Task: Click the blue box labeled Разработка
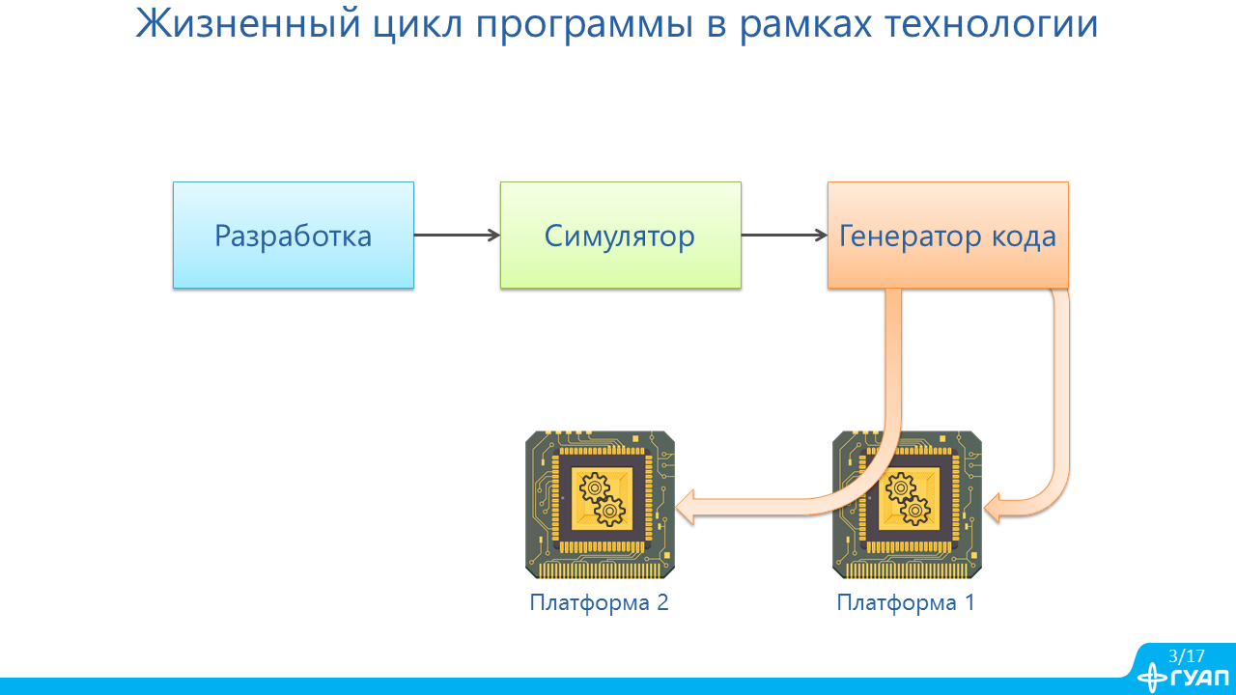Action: coord(293,236)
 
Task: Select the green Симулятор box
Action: coord(620,236)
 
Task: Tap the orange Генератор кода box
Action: coord(947,236)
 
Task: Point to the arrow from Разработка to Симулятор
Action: coord(457,236)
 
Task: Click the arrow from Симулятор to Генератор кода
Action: coord(784,236)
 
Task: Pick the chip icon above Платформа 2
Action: coord(600,505)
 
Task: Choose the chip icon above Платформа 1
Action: coord(907,505)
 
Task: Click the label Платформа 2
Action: coord(599,603)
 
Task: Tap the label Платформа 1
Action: coord(906,603)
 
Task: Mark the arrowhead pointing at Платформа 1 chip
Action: coord(995,506)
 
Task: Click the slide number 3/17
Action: coord(1186,655)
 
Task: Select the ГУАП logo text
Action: coord(1197,678)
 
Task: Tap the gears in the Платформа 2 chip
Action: coord(600,499)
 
